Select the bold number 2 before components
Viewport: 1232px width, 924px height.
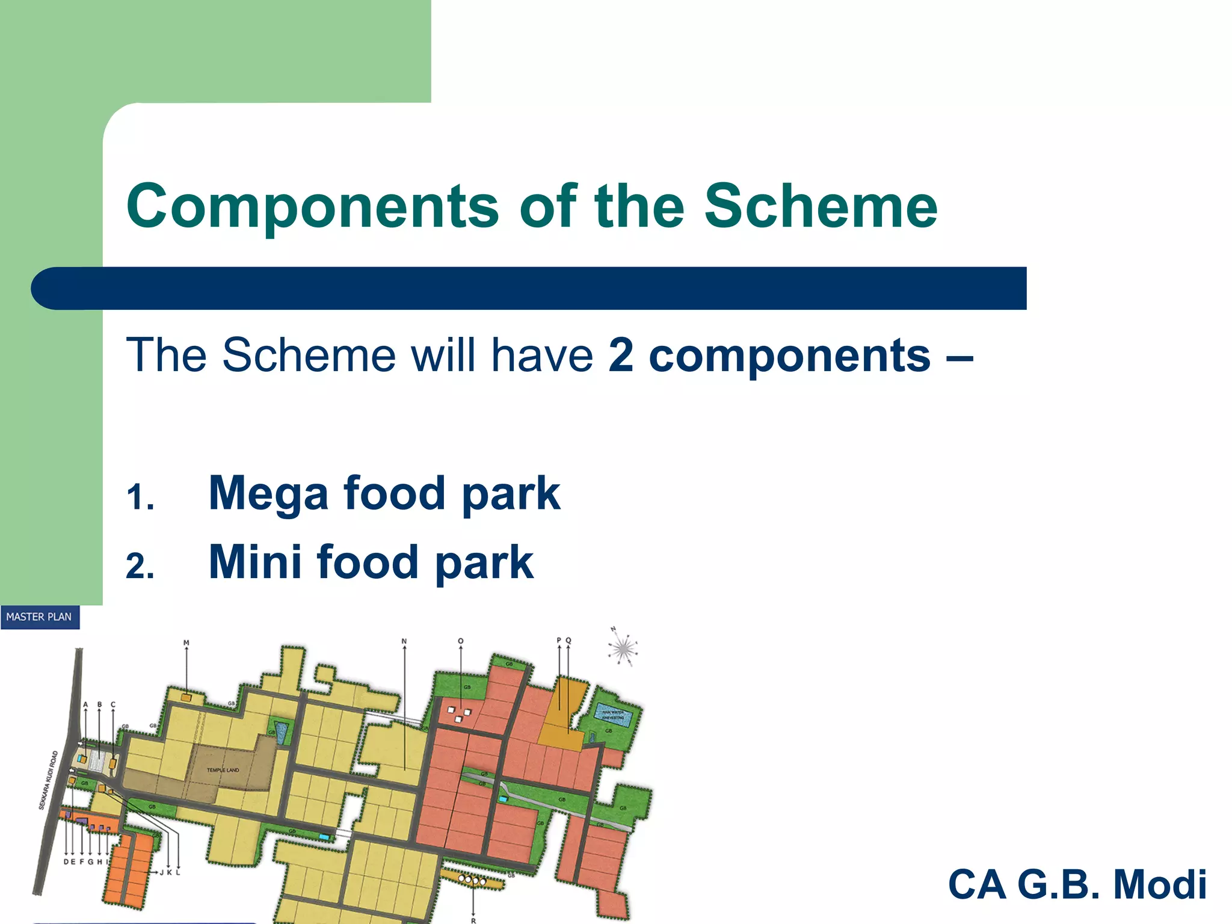621,355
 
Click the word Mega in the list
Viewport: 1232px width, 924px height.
268,493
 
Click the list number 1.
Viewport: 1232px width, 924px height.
140,498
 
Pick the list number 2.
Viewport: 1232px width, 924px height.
140,567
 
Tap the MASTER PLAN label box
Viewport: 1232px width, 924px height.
40,617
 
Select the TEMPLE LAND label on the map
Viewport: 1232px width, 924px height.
223,770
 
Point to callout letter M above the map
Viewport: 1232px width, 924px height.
186,643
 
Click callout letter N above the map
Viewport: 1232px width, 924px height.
404,641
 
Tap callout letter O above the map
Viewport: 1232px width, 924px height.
461,641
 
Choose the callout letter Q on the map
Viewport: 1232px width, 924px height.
568,641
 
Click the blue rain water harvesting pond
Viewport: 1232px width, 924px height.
614,716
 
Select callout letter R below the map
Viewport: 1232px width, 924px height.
473,920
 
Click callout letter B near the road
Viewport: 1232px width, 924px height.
99,704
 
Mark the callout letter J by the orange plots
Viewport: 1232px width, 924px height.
162,872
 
